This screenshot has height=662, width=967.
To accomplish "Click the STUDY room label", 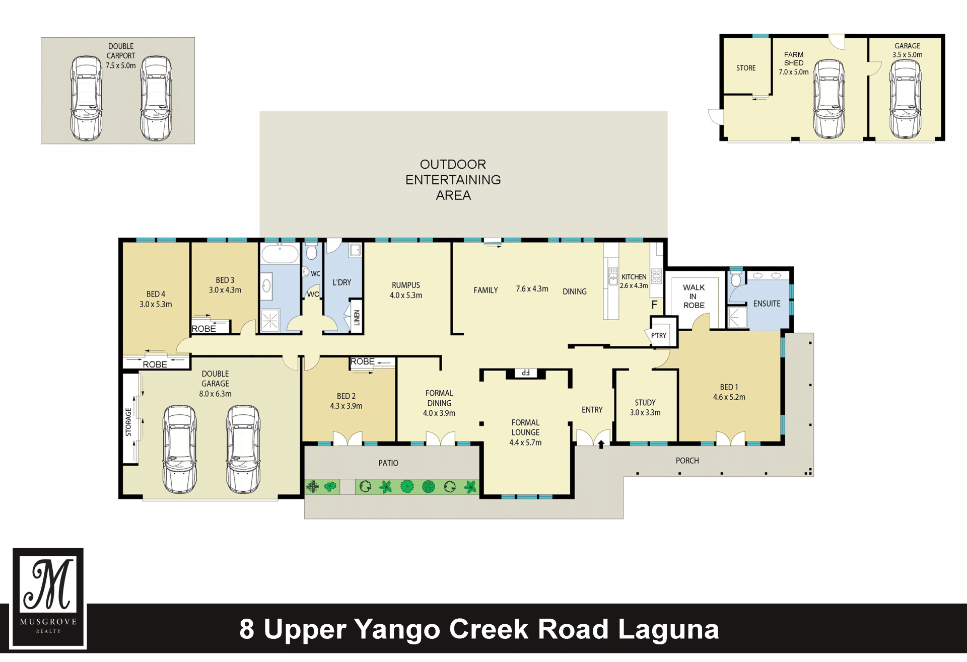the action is click(645, 403).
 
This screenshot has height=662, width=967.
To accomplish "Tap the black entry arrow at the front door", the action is click(601, 444).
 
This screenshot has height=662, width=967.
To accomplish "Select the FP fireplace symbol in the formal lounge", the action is click(525, 373).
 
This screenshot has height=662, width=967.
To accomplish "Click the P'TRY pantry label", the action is click(659, 336).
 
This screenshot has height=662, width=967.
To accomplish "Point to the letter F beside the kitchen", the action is click(654, 305).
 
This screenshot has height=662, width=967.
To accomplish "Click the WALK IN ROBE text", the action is click(694, 297).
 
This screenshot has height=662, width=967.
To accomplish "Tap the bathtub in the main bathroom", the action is click(280, 254).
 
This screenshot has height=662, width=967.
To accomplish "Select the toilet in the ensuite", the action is click(736, 278).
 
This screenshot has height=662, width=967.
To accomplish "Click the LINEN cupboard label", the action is click(357, 318).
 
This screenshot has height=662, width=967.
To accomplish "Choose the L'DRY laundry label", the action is click(341, 282).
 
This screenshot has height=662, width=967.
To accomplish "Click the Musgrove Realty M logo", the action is click(49, 598).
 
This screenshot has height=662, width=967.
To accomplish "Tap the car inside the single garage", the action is click(905, 99).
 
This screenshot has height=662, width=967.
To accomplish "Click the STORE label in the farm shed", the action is click(746, 68).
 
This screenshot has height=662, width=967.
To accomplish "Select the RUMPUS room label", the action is click(406, 285).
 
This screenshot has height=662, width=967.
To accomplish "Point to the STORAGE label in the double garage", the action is click(128, 422).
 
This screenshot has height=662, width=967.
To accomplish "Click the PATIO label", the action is click(388, 463).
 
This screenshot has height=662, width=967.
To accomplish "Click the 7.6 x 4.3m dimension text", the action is click(532, 289).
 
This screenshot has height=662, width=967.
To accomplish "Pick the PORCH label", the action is click(687, 461).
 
